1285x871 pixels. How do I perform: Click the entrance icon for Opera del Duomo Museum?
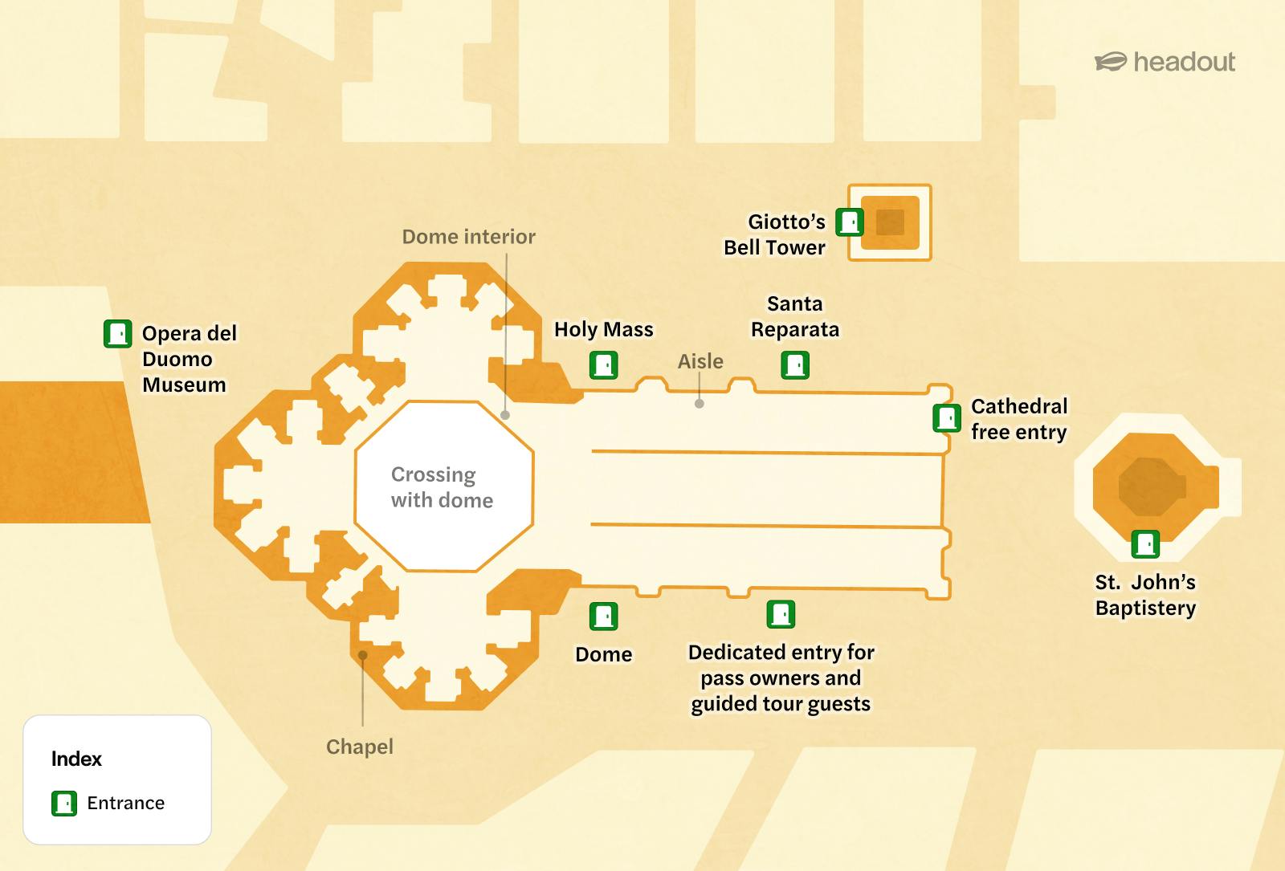[x=117, y=334]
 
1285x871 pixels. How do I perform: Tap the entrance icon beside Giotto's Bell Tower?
[x=850, y=222]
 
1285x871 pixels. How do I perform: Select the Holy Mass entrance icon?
[x=603, y=365]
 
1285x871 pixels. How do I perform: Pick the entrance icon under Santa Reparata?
[x=795, y=365]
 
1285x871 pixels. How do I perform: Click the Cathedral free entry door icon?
[x=947, y=418]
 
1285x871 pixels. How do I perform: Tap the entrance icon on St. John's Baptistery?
[x=1145, y=544]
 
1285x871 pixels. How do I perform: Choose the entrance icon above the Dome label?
[x=603, y=617]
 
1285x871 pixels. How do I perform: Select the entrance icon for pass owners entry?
[x=781, y=615]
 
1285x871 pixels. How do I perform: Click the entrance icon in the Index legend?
[x=64, y=804]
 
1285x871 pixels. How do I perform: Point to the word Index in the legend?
[x=76, y=759]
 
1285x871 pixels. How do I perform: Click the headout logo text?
[x=1184, y=62]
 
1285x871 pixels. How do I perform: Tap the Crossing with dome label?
[x=442, y=487]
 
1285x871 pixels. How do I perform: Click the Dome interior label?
[x=469, y=237]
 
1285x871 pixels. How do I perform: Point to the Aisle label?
[x=700, y=361]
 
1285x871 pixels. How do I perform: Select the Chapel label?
[x=360, y=747]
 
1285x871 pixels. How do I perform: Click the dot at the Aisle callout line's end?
[x=700, y=404]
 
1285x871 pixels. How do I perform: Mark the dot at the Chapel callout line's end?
[x=362, y=655]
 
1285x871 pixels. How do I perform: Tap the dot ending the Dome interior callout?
[x=505, y=414]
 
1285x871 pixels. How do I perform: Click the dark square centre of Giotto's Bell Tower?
[x=890, y=222]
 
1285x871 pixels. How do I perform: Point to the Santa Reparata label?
[x=795, y=316]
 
